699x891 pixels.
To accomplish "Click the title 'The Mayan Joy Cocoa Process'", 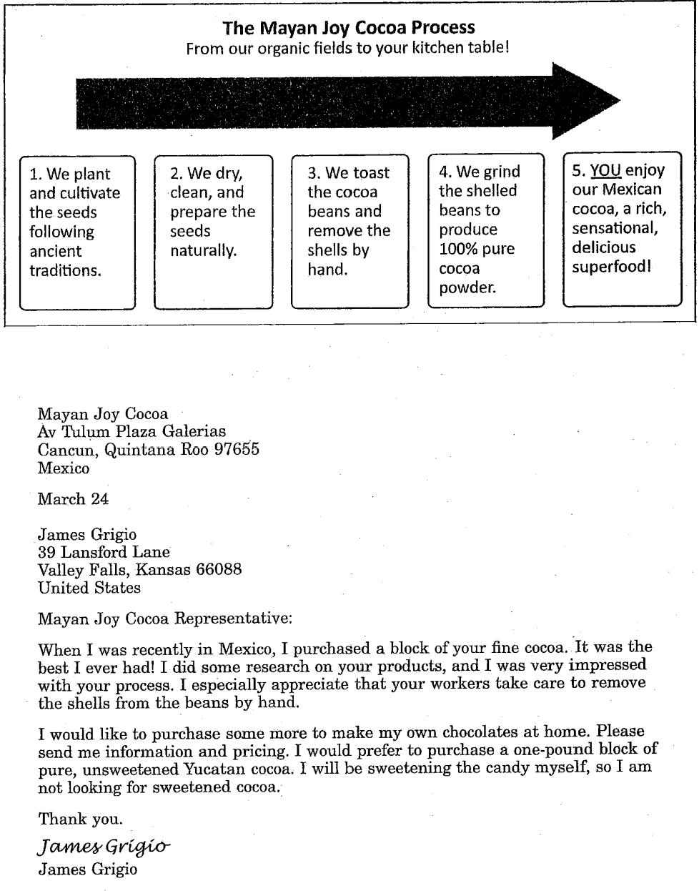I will [x=348, y=28].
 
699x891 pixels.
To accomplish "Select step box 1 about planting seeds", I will [x=77, y=232].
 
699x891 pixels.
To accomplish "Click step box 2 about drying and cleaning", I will [x=213, y=232].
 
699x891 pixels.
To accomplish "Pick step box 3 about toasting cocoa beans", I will [x=350, y=232].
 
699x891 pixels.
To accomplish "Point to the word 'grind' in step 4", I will [x=502, y=172].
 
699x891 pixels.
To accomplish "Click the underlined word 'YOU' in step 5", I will [x=605, y=171].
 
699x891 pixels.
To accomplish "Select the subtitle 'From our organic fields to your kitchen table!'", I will [x=347, y=49].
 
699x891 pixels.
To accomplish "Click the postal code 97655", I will [x=237, y=450].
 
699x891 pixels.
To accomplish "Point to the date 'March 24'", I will [x=73, y=499].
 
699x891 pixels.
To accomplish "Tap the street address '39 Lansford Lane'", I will [x=104, y=552].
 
